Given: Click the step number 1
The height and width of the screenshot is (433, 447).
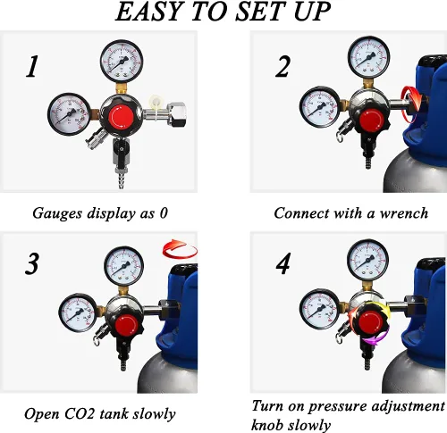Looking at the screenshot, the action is tap(32, 67).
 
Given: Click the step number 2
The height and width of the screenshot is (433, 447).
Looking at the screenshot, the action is tap(283, 67).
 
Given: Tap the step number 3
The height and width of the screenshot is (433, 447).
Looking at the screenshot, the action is tap(32, 264).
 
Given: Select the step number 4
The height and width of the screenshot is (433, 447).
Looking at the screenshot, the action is tap(283, 264).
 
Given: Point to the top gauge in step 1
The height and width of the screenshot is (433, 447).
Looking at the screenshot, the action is tap(122, 62).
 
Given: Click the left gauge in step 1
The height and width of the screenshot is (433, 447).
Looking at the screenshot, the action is tap(69, 114).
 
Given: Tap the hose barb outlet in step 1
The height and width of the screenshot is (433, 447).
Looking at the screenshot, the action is tap(122, 180).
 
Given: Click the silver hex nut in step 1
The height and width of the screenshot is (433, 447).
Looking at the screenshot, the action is tap(177, 114).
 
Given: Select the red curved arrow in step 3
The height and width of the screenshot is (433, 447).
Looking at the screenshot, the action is tap(180, 249).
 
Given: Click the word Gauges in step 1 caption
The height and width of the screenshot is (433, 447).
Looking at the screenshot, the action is tap(57, 213).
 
